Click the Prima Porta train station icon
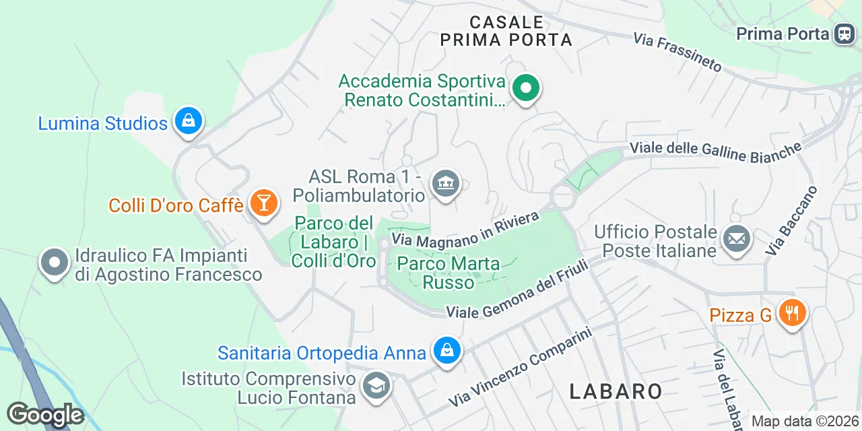pos(844,33)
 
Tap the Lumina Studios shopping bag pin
pos(189,122)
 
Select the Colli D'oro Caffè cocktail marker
pos(263,203)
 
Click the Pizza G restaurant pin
pos(793,313)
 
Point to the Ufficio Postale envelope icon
pos(736,239)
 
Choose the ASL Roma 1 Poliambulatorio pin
pos(445,183)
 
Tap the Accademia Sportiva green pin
pos(526,88)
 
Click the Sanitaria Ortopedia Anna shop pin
pos(446,351)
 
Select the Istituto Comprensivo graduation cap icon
pos(374,387)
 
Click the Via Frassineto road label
pos(677,52)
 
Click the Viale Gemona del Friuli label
pos(518,290)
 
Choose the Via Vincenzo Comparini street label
pos(521,368)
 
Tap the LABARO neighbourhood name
pos(616,391)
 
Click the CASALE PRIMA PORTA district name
pos(506,32)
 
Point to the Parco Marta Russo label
pos(449,272)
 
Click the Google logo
pos(45,415)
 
